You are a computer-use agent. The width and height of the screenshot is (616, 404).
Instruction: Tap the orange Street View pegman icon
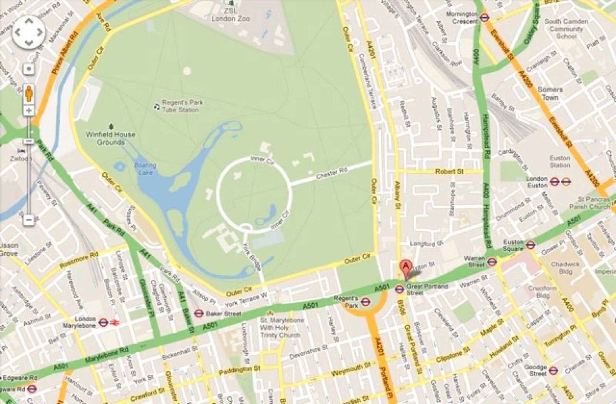29,93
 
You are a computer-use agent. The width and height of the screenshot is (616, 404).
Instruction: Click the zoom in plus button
29,111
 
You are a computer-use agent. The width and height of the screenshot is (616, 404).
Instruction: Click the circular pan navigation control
29,32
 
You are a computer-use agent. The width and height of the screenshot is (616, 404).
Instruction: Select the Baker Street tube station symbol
199,314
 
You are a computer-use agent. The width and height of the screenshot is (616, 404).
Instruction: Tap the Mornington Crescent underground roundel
484,17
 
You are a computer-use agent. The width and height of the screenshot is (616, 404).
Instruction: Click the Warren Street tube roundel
491,262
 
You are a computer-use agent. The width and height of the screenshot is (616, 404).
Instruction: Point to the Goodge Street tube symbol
553,370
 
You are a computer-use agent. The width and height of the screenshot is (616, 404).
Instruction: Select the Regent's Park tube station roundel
365,302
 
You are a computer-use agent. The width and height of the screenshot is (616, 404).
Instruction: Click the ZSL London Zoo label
230,15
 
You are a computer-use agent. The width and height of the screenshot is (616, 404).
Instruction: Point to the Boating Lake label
145,169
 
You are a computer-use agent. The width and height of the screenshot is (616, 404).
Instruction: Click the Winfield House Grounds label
110,138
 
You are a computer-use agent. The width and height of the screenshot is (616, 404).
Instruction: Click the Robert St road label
449,172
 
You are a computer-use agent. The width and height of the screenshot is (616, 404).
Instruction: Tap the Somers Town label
550,93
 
